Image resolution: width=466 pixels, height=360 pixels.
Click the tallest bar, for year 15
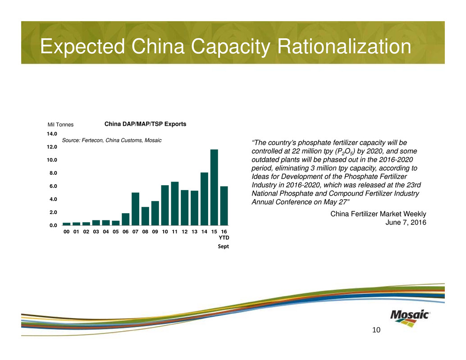pyautogui.click(x=214, y=187)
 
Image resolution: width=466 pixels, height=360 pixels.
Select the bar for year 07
pyautogui.click(x=135, y=209)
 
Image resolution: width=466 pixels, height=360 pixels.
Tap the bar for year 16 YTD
pyautogui.click(x=224, y=205)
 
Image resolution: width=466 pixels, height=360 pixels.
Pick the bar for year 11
pyautogui.click(x=175, y=203)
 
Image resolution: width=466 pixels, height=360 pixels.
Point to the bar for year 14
pyautogui.click(x=204, y=199)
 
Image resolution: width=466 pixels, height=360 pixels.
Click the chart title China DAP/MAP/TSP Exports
pyautogui.click(x=146, y=124)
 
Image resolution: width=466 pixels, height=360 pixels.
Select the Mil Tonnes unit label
pyautogui.click(x=60, y=125)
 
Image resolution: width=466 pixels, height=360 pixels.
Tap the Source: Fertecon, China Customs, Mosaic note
pyautogui.click(x=111, y=141)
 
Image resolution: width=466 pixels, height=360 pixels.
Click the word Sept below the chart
pyautogui.click(x=224, y=246)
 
